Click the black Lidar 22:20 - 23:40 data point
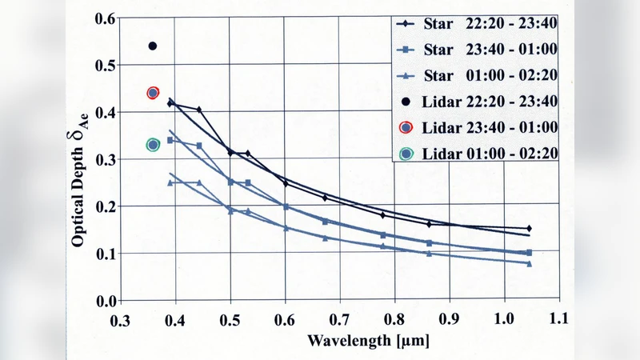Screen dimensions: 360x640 click(153, 46)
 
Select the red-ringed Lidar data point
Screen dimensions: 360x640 click(153, 93)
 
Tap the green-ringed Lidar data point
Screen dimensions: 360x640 click(154, 145)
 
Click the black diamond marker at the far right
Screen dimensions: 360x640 click(529, 229)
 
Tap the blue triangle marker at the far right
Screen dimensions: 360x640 click(529, 263)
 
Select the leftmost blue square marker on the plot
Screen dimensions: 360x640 click(170, 140)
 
